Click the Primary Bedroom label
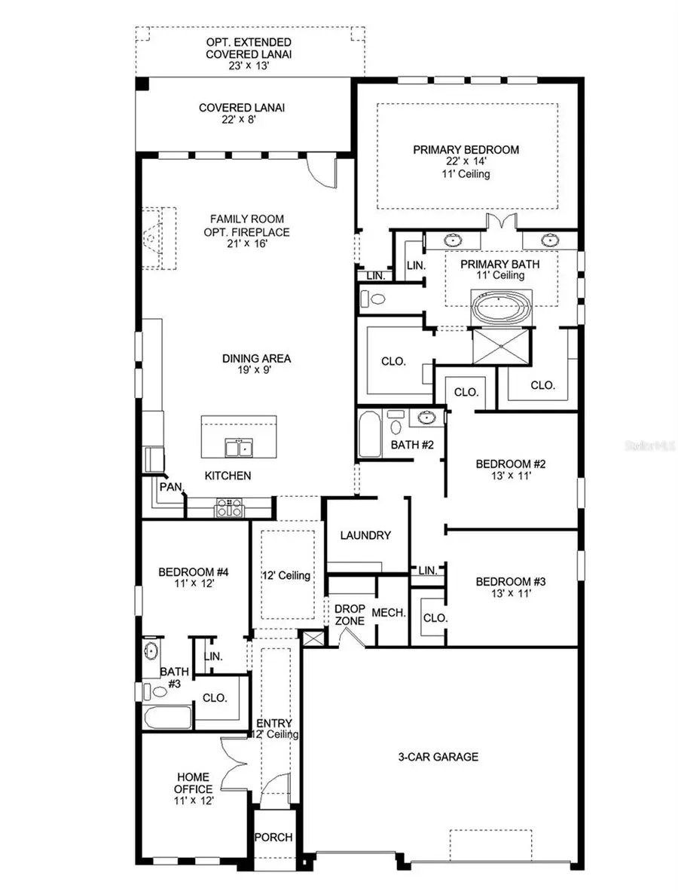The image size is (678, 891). pos(466,150)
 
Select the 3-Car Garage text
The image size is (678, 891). pos(438,756)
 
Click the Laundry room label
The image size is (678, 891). pos(365,535)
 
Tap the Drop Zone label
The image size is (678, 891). pos(350,614)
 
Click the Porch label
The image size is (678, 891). pos(273,837)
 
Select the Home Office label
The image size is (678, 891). pos(194,782)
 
